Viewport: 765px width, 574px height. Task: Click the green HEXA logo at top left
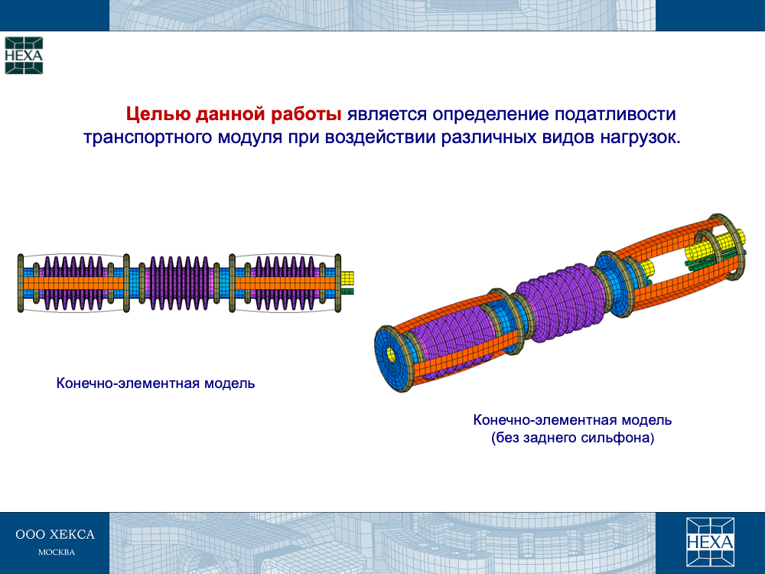click(24, 55)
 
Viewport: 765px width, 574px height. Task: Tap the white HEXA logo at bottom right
click(710, 542)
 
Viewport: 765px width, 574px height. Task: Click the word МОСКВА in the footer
click(57, 553)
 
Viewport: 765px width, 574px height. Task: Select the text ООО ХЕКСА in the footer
click(55, 534)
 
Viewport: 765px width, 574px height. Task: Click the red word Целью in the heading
click(158, 114)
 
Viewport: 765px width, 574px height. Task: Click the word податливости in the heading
click(615, 114)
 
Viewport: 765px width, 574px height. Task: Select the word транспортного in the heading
click(148, 138)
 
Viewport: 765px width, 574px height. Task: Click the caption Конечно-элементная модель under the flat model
click(155, 383)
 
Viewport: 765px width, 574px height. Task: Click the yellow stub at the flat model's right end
click(347, 279)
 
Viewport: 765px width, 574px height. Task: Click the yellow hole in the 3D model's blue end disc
click(391, 354)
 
